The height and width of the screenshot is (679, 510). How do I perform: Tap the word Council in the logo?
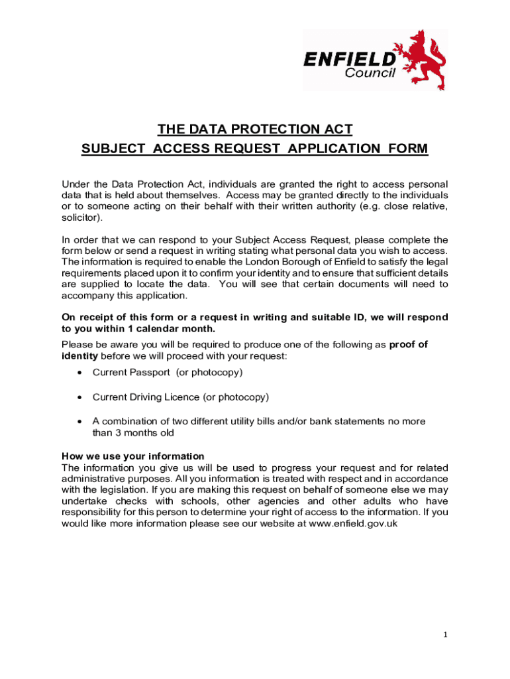[x=370, y=73]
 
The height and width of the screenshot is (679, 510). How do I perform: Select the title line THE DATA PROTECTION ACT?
[x=255, y=129]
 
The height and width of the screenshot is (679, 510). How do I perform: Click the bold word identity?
[x=79, y=356]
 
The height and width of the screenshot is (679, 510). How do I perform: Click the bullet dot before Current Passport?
[x=79, y=373]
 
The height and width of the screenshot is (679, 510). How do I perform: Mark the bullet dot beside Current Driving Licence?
[x=79, y=397]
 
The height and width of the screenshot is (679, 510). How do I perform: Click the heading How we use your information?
[x=132, y=456]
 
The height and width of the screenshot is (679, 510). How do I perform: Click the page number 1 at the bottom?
[x=446, y=635]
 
